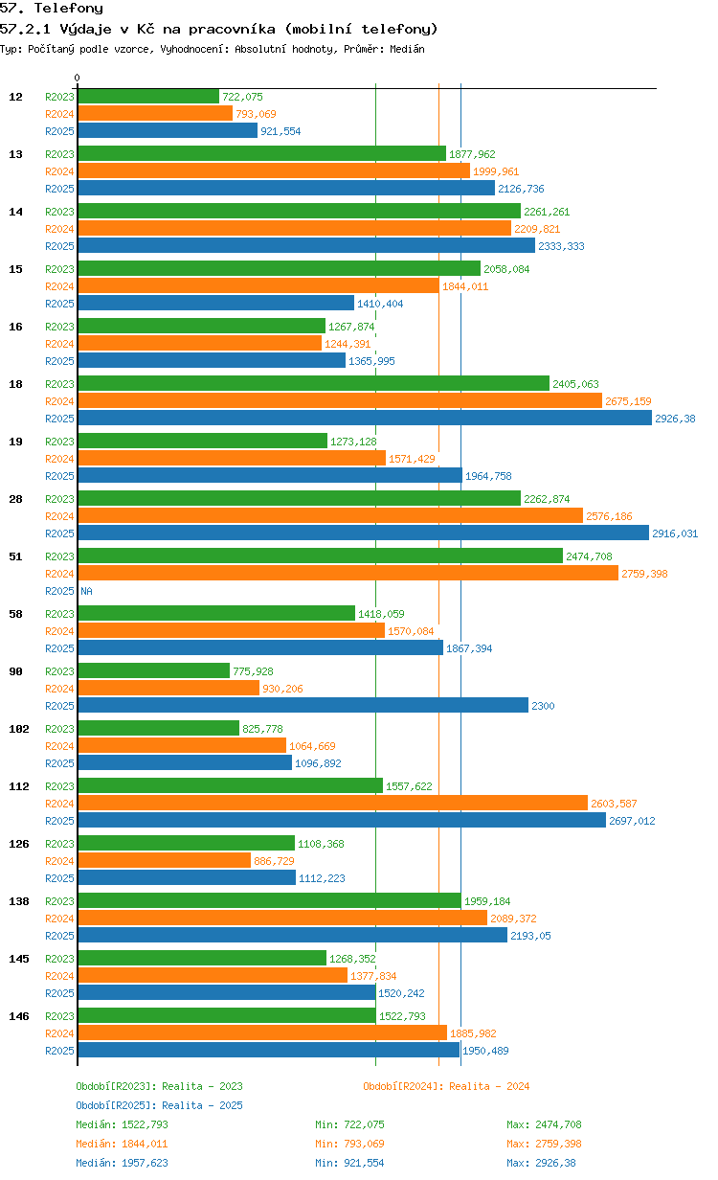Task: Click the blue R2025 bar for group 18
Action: coord(365,418)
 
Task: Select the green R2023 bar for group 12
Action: coord(148,96)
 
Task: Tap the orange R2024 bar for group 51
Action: coord(348,573)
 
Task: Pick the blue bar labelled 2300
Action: coord(303,705)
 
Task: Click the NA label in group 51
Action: coord(86,591)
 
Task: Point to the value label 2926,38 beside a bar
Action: coord(675,419)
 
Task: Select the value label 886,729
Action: coord(274,861)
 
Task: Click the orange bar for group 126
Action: coord(165,860)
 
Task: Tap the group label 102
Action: coord(19,729)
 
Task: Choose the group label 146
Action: coord(19,1016)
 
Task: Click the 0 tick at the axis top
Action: coord(77,78)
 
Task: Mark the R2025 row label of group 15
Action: coord(59,304)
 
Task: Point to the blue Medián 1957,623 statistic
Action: coord(123,1163)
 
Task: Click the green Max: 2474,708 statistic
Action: coord(544,1124)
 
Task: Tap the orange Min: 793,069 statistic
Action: coord(349,1144)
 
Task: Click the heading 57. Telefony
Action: coord(52,8)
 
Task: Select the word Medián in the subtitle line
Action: coord(407,49)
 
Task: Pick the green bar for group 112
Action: coord(231,785)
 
